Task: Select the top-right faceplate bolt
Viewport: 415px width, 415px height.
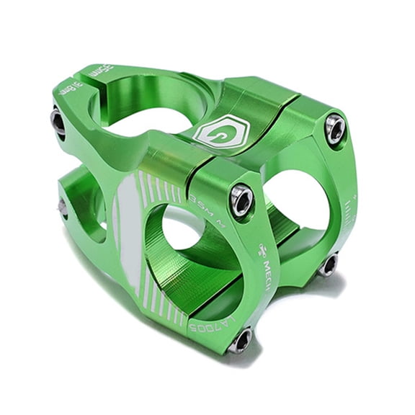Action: pyautogui.click(x=334, y=129)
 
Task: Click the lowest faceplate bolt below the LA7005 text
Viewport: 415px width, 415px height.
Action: pyautogui.click(x=240, y=339)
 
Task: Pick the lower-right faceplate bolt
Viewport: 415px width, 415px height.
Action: pyautogui.click(x=328, y=265)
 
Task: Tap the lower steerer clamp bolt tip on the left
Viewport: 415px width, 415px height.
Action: pyautogui.click(x=63, y=208)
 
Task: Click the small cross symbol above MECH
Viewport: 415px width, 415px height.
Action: pyautogui.click(x=264, y=249)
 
